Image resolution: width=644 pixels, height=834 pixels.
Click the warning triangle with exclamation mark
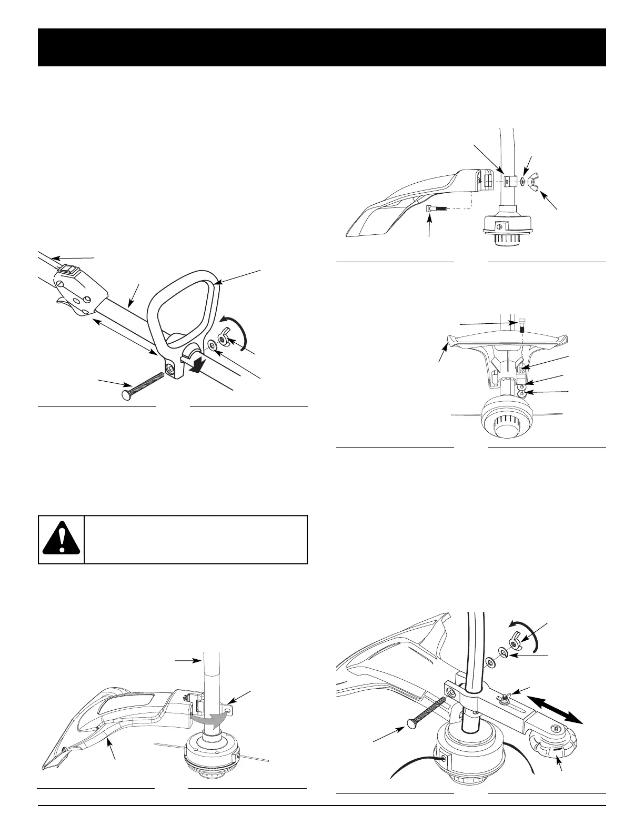(62, 540)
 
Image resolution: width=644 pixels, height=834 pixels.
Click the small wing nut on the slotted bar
(503, 698)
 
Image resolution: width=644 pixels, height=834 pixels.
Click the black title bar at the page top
(322, 47)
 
